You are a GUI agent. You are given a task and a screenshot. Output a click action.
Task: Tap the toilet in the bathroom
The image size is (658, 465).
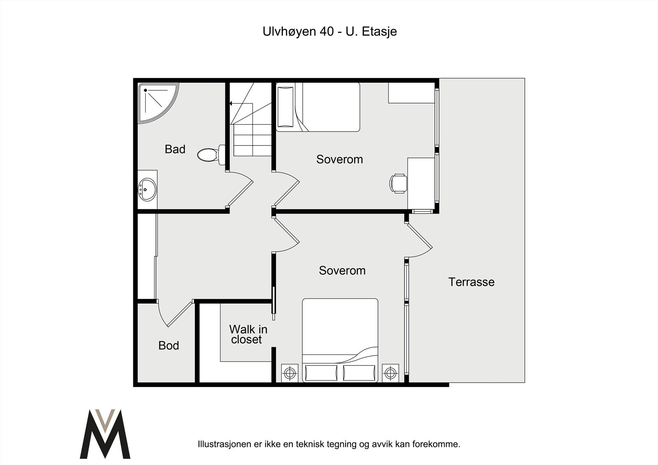[211, 155]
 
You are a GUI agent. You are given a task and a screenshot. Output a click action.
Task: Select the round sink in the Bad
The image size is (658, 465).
[147, 190]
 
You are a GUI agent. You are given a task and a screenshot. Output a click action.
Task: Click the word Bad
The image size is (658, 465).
[175, 149]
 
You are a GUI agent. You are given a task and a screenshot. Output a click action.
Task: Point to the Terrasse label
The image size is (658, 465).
[471, 282]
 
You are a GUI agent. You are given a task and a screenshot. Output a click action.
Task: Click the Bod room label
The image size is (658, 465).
[169, 345]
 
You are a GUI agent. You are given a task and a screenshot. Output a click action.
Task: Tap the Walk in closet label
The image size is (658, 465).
[248, 334]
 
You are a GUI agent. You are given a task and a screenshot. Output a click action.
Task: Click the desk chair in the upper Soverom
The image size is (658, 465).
[398, 184]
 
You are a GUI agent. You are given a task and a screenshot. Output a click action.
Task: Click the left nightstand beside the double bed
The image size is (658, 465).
[290, 373]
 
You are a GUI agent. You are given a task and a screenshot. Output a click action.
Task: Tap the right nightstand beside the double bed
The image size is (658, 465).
[390, 373]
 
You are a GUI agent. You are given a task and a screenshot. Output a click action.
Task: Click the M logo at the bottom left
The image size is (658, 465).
[105, 434]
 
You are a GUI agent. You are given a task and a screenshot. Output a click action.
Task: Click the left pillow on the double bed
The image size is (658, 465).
[321, 373]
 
